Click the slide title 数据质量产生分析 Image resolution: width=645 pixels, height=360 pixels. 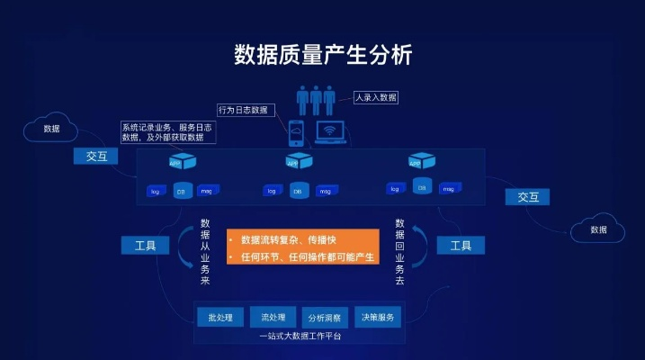click(322, 54)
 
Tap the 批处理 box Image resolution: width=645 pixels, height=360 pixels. click(220, 318)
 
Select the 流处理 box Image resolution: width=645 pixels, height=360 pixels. click(273, 318)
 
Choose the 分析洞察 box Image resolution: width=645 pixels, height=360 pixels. click(325, 318)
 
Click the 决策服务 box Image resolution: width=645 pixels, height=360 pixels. click(377, 318)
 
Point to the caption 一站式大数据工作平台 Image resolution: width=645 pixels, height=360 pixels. click(300, 337)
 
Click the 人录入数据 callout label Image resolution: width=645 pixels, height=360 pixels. click(375, 97)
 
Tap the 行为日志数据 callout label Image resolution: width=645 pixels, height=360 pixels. click(243, 110)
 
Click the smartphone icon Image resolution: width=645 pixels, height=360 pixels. click(297, 133)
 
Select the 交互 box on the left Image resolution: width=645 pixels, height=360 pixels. click(96, 157)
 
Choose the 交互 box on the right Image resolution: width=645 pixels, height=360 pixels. click(527, 196)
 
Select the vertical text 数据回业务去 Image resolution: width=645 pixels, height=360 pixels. click(400, 252)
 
